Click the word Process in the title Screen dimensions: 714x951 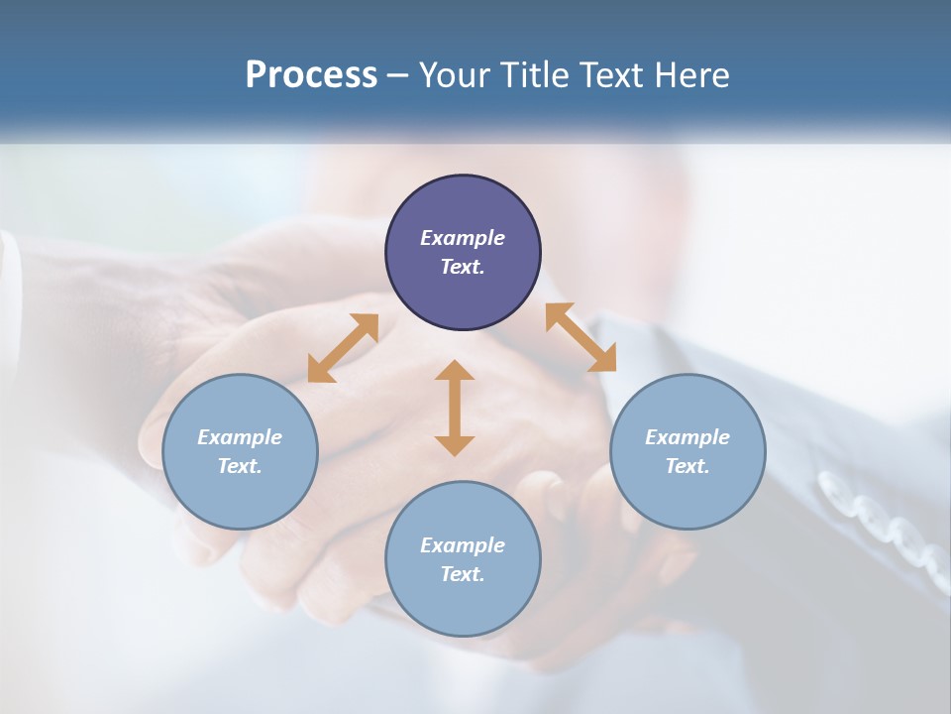point(311,75)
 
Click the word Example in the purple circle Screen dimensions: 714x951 point(463,238)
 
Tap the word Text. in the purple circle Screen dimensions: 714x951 point(463,267)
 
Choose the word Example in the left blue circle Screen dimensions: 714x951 point(240,437)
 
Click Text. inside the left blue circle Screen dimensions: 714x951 point(240,466)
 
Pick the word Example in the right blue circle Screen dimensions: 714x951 point(687,437)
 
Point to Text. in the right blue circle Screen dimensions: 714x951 point(687,466)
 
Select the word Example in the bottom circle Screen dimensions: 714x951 point(463,545)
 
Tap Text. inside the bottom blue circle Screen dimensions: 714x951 point(463,574)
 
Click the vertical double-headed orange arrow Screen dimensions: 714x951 point(455,408)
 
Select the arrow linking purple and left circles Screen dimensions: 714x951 point(343,348)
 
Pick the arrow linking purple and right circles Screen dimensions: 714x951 point(581,337)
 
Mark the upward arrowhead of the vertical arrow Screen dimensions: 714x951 point(455,372)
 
